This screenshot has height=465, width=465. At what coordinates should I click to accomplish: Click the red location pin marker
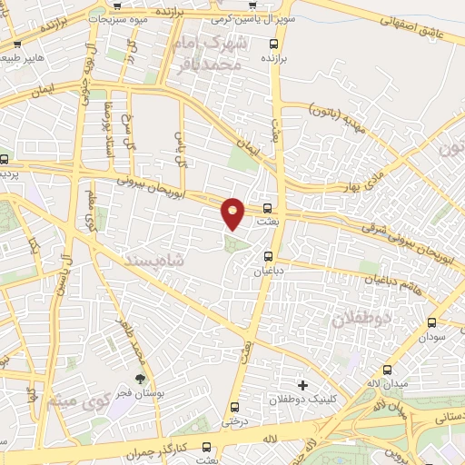pyautogui.click(x=233, y=213)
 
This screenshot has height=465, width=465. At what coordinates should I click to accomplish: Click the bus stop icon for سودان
pyautogui.click(x=430, y=322)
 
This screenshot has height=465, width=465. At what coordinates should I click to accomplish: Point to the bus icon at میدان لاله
pyautogui.click(x=388, y=370)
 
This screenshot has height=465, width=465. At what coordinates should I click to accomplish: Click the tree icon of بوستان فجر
pyautogui.click(x=140, y=379)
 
